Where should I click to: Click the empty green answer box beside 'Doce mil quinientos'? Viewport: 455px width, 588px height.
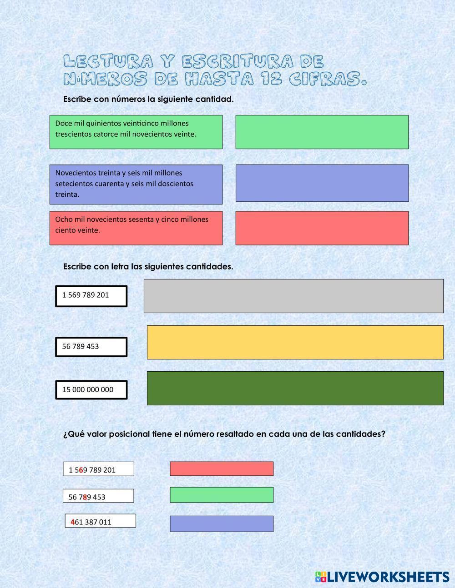(322, 132)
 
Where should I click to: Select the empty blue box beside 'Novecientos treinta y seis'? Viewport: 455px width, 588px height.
(322, 183)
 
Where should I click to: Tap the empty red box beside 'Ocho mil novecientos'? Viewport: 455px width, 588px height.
(322, 228)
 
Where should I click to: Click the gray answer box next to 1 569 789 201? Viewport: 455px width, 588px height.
(293, 296)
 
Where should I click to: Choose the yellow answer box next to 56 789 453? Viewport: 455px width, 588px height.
(295, 342)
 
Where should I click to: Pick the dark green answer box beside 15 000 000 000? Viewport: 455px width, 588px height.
(295, 388)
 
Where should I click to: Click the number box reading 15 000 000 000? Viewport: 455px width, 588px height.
(91, 389)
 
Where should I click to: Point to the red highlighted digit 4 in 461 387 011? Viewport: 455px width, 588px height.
(73, 522)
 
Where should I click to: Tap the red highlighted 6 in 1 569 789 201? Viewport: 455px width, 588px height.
(81, 470)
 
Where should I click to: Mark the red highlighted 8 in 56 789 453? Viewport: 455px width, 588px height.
(85, 497)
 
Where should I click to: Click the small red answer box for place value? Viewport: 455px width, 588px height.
(222, 468)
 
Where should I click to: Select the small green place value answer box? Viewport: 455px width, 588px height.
(222, 495)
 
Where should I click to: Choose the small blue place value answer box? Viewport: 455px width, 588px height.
(222, 523)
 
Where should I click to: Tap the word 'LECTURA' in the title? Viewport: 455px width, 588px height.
(107, 61)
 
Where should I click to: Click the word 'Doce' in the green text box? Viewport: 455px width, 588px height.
(63, 123)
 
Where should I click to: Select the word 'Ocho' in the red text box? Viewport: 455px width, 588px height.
(63, 219)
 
